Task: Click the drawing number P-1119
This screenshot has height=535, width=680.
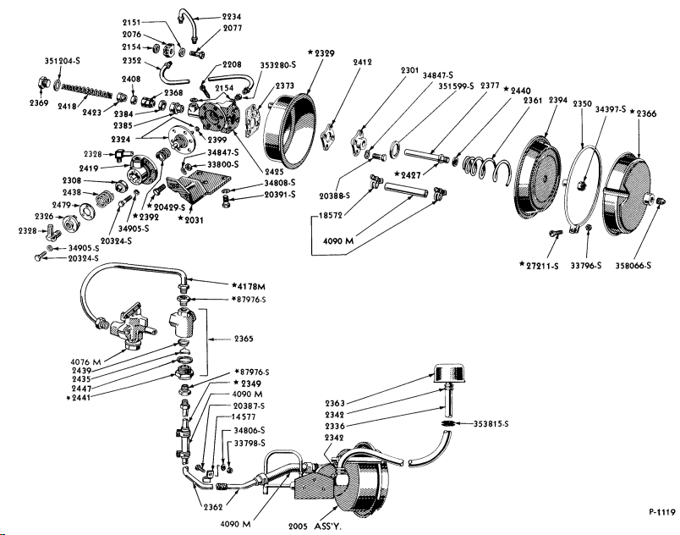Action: [662, 511]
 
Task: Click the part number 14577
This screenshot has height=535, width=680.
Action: [246, 417]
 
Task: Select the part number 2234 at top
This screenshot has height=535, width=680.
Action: [232, 16]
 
